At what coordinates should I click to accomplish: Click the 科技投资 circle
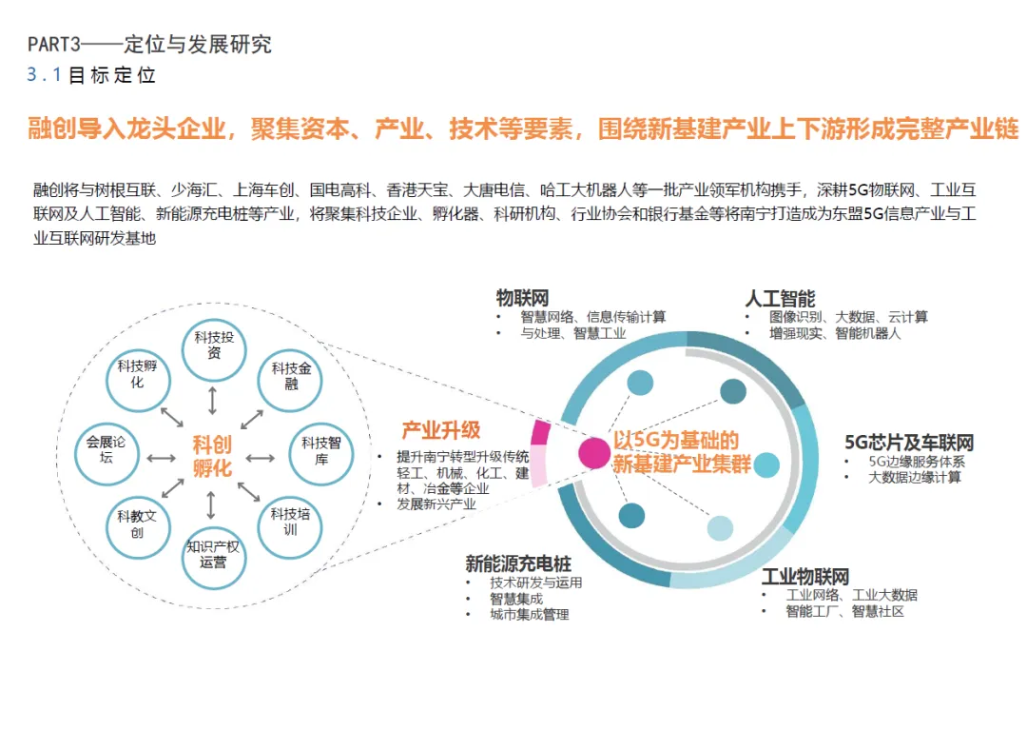tap(214, 346)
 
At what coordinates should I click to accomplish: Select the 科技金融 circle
tap(291, 376)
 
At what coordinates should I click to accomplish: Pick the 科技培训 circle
tap(290, 522)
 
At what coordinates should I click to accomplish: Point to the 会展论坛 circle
tap(106, 450)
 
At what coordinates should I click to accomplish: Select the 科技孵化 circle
tap(138, 374)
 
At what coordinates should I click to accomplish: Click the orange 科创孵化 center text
tap(212, 456)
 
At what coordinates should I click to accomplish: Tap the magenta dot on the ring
tap(594, 452)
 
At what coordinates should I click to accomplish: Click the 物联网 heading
tap(522, 299)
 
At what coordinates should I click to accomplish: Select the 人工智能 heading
tap(780, 299)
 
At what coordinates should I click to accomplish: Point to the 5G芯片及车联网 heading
tap(909, 443)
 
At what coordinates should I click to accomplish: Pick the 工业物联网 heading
tap(804, 577)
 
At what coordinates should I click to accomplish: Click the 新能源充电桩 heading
tap(518, 564)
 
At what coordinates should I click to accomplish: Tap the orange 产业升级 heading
tap(441, 430)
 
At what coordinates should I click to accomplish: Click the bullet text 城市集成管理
tap(530, 615)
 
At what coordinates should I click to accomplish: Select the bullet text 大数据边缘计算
tap(915, 477)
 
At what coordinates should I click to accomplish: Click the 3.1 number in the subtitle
tap(44, 75)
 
